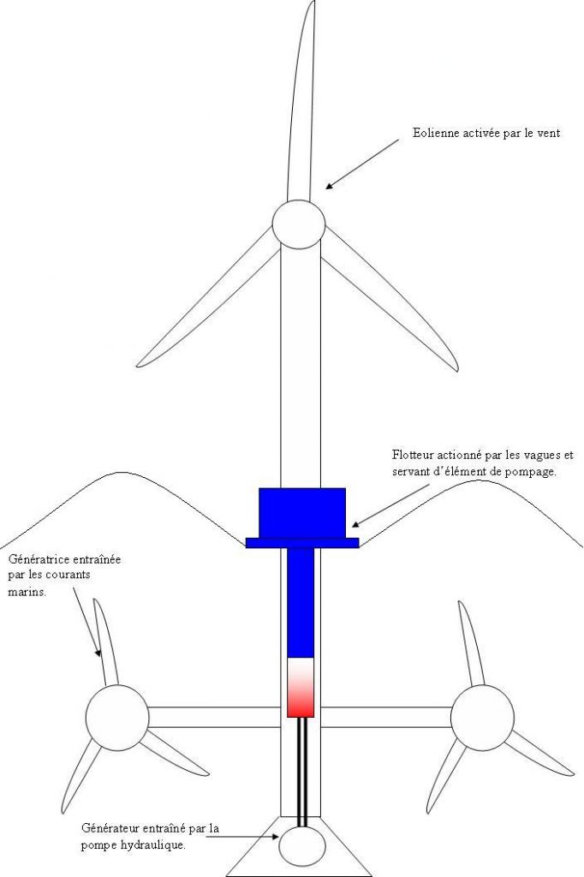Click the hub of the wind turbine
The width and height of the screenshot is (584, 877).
298,224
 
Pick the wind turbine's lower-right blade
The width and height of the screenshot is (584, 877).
390,300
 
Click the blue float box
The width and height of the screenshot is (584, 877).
301,512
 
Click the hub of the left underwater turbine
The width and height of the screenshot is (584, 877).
117,716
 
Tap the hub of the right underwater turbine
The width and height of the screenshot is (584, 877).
482,716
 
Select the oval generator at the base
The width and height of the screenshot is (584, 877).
303,846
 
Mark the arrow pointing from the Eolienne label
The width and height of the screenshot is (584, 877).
361,164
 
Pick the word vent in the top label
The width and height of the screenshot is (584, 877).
549,134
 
